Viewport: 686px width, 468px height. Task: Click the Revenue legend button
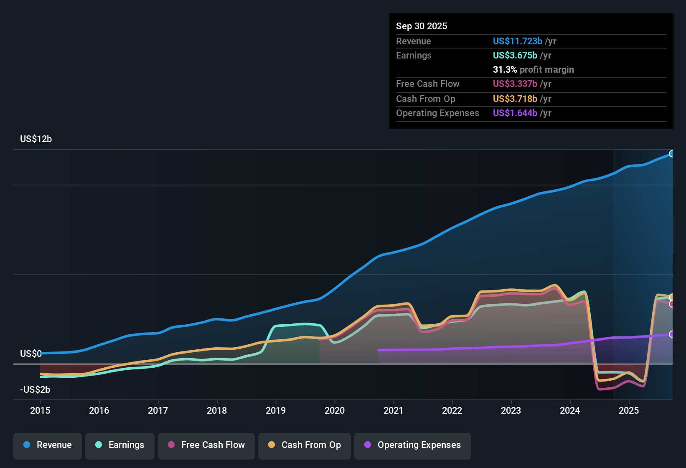click(48, 445)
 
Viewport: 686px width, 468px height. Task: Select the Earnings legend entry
click(120, 445)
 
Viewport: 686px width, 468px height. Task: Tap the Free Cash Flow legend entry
click(206, 445)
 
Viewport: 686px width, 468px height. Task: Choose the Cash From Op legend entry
click(305, 445)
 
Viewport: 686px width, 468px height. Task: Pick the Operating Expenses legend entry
click(413, 445)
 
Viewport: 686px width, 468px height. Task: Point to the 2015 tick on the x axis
click(40, 410)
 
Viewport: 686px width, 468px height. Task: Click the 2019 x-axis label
click(276, 410)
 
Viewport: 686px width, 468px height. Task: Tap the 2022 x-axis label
click(452, 410)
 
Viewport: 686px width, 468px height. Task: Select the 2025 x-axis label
click(629, 410)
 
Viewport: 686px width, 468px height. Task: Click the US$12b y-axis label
click(36, 139)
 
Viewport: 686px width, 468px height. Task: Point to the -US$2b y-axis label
click(35, 390)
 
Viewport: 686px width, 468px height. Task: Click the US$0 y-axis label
click(31, 354)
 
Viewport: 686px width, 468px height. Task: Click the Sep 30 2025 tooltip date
click(422, 26)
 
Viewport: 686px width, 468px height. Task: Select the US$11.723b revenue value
click(517, 41)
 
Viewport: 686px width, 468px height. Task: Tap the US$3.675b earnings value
click(515, 56)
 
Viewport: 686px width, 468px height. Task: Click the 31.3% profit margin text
click(533, 70)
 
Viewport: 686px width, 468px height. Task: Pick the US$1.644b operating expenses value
click(515, 113)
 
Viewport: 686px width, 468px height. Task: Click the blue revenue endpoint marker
click(671, 154)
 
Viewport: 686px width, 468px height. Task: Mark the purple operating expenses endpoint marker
click(671, 334)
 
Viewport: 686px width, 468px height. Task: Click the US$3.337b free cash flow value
click(515, 84)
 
